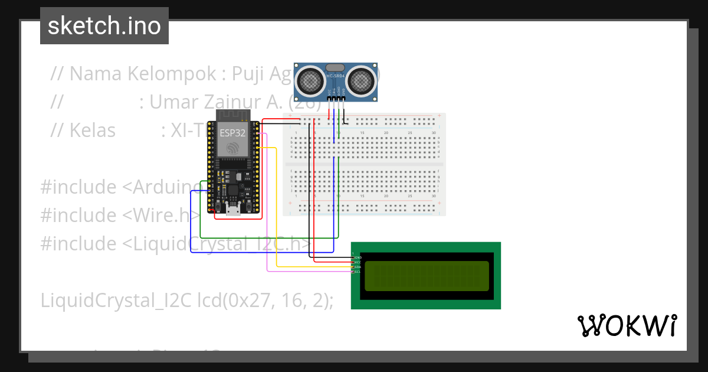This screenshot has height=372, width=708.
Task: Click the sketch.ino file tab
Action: click(104, 26)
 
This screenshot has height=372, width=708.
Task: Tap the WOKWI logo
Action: click(627, 325)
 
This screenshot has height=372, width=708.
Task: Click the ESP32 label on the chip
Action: click(232, 133)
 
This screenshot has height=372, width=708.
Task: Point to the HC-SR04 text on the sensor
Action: click(335, 76)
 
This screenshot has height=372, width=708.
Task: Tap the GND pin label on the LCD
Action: click(357, 258)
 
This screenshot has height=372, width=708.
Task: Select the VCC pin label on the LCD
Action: click(357, 262)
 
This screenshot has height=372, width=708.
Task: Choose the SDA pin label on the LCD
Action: click(357, 267)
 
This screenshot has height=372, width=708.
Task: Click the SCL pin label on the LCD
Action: click(357, 272)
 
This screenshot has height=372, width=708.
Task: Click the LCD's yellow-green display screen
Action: click(427, 276)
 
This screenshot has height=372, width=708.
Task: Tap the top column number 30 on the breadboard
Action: click(434, 133)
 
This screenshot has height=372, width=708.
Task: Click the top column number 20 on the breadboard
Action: click(386, 133)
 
